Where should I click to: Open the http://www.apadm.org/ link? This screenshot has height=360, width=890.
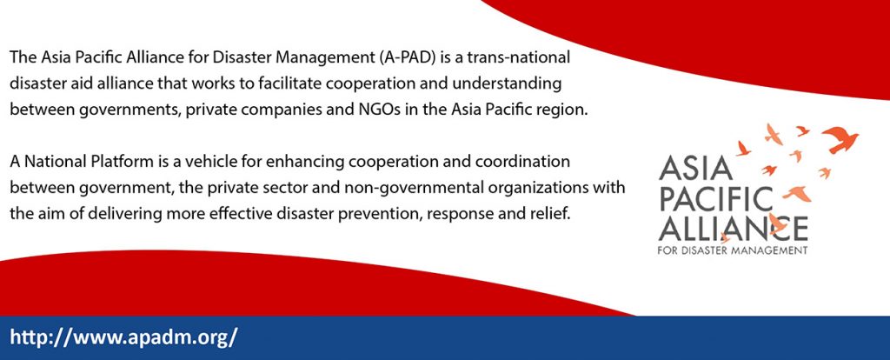[123, 337]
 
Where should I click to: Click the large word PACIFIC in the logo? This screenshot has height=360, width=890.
[716, 199]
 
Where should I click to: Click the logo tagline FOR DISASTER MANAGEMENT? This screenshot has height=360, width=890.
[732, 250]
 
